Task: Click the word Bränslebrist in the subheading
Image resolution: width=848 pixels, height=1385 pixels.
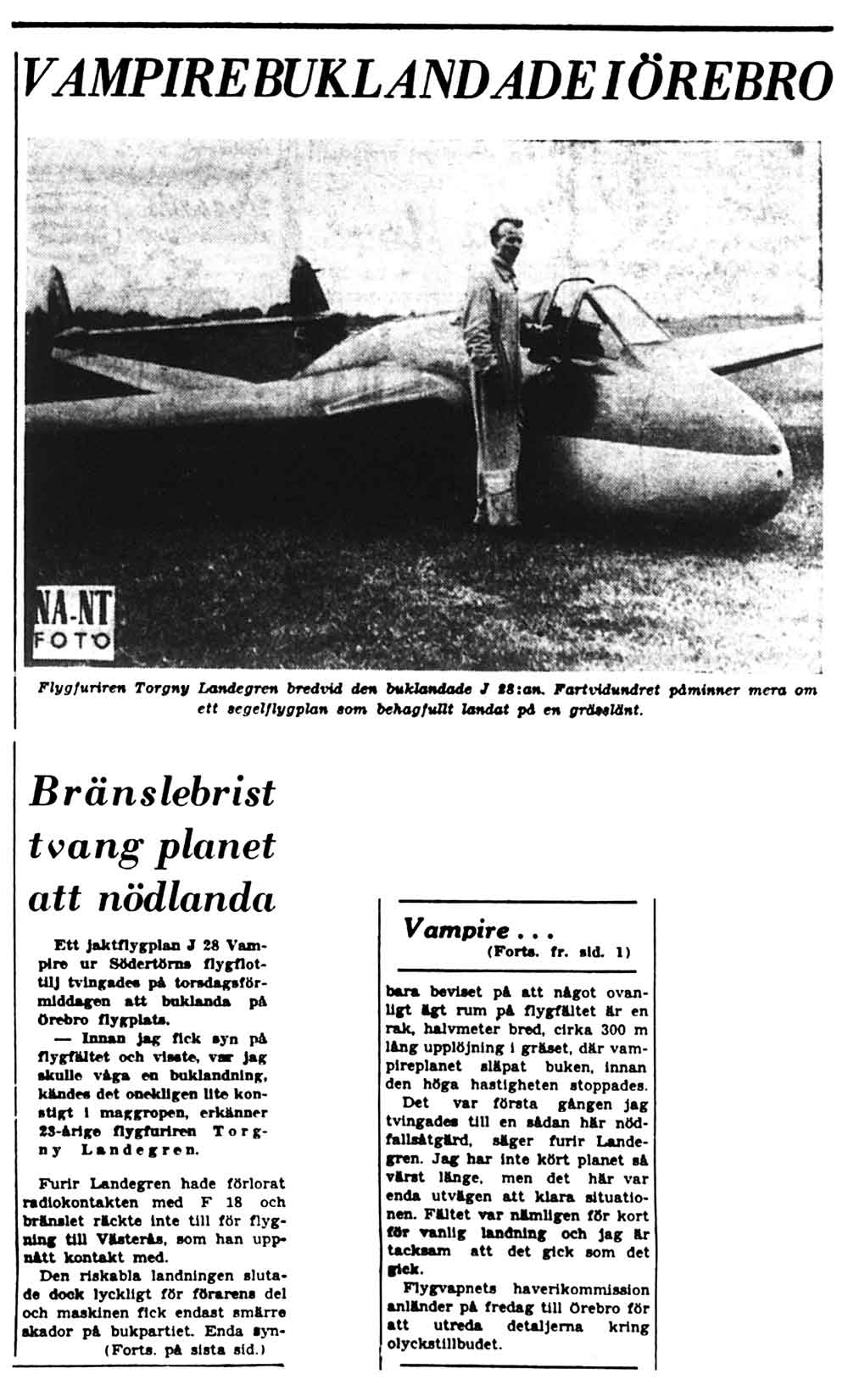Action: click(x=153, y=793)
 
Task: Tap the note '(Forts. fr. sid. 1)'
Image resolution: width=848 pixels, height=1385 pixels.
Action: click(x=560, y=951)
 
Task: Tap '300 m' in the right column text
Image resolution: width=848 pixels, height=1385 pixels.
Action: click(x=619, y=1029)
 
